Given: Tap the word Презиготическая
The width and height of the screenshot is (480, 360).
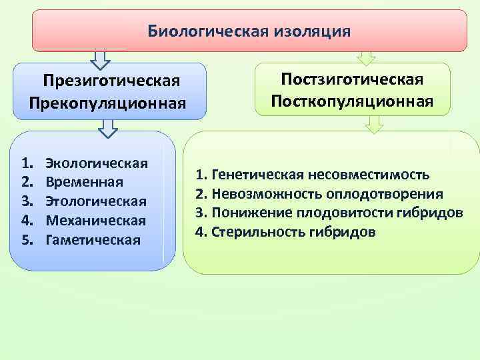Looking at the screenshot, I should [111, 81].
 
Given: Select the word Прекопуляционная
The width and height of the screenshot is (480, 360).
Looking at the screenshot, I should [106, 103].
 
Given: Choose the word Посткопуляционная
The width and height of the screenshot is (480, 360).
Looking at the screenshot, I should [352, 101].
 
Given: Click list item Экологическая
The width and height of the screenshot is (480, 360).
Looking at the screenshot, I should [96, 163].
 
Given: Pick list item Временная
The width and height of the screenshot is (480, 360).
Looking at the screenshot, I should [84, 182].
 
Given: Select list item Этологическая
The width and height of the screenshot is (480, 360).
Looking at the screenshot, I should [96, 201].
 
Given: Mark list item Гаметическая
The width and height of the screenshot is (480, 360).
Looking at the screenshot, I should [93, 239].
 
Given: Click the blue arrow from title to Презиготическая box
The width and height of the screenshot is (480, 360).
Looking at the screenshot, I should [101, 59].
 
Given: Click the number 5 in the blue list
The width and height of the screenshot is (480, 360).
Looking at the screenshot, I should [27, 239].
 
